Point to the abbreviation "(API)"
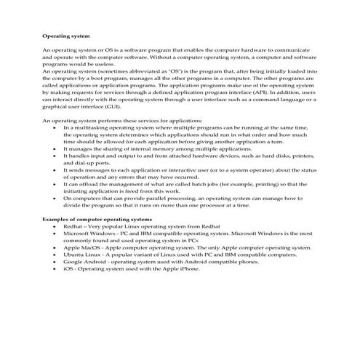(244, 92)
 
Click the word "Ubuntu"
(75, 255)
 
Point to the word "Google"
(75, 262)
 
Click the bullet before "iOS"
(56, 268)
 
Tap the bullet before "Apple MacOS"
(56, 247)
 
